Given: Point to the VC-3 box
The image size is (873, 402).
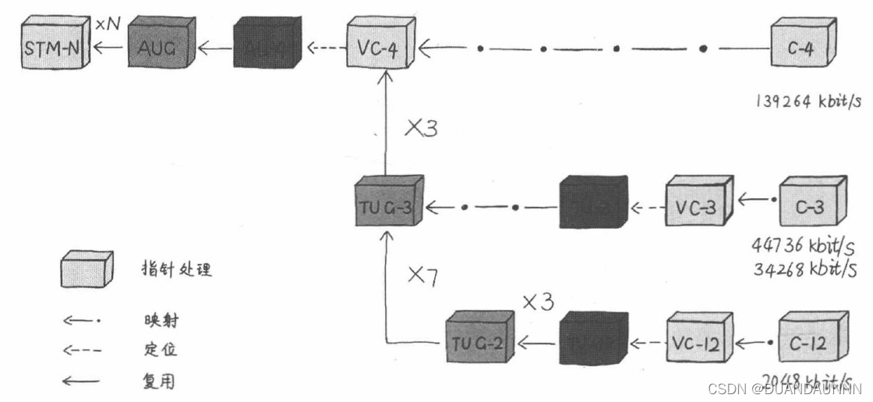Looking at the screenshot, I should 695,208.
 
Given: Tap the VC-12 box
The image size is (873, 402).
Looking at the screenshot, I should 695,343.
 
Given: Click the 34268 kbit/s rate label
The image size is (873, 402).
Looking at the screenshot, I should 804,270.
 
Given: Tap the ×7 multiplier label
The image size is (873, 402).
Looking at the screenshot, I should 423,274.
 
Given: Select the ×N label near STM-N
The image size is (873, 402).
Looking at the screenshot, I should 108,26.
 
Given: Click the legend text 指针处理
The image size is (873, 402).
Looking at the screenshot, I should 172,270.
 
